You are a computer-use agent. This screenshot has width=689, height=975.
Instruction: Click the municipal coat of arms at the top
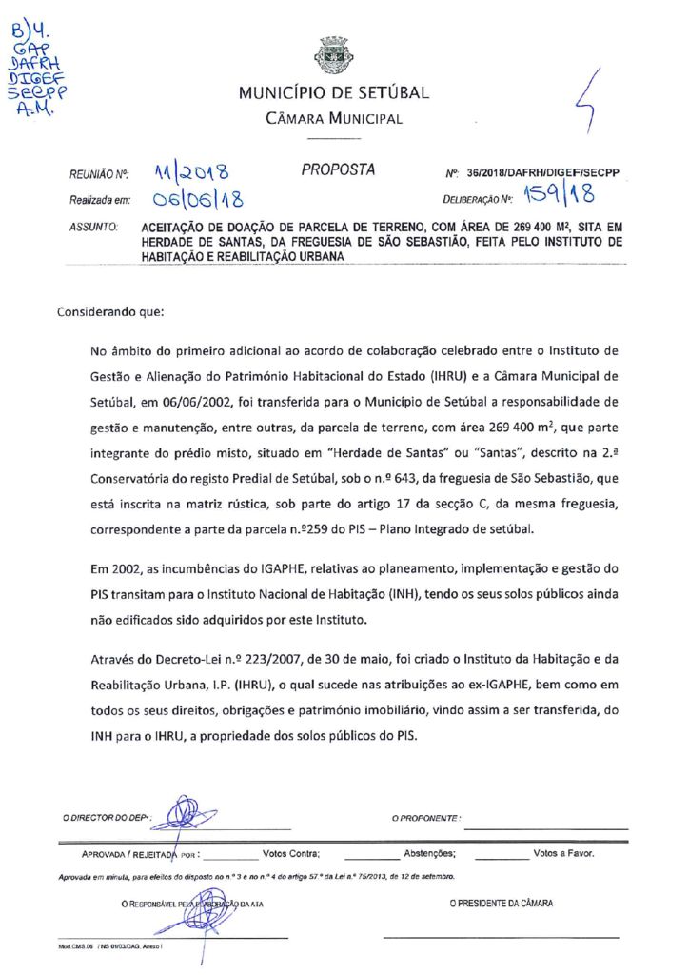coord(333,55)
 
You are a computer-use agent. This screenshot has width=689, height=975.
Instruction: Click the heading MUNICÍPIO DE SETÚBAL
coord(333,93)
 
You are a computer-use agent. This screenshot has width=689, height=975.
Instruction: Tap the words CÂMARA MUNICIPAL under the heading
coord(333,119)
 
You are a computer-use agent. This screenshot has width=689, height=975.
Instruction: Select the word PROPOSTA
coord(337,170)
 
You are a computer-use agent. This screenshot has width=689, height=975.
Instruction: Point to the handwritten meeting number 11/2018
coord(190,172)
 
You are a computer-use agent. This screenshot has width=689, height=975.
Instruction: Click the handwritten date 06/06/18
coord(198,199)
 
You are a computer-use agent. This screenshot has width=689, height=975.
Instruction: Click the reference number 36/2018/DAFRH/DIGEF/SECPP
coord(543,173)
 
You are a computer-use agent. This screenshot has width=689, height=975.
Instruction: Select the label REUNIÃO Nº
coord(98,175)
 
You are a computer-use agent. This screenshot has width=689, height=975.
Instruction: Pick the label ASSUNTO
coord(93,229)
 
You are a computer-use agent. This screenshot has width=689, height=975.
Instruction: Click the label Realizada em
coord(98,201)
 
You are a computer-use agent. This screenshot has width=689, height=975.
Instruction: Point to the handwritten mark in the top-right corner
coord(591,100)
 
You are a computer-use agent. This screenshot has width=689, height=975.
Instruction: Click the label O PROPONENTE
coord(426,818)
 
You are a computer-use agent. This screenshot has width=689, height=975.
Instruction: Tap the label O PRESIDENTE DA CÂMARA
coord(501,903)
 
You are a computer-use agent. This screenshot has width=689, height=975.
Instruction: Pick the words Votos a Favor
coord(563,853)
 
